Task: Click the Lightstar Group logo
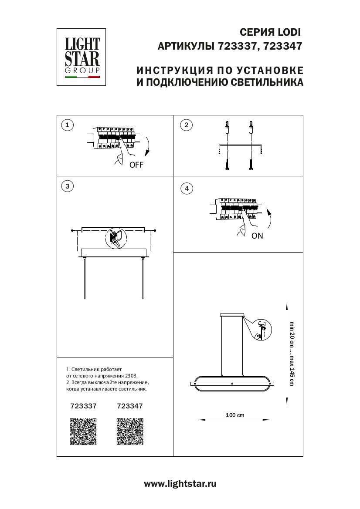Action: coord(83,57)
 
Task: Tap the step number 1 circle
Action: coord(67,125)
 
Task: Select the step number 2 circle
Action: coord(186,125)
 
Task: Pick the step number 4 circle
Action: coord(187,189)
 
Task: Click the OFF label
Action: coord(136,165)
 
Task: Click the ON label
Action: coord(257,236)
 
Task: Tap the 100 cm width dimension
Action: coord(235,415)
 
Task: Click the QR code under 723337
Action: coord(83,431)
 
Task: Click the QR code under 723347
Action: coord(130,431)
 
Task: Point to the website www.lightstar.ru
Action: coord(180,483)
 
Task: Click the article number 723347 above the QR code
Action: coord(130,405)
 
